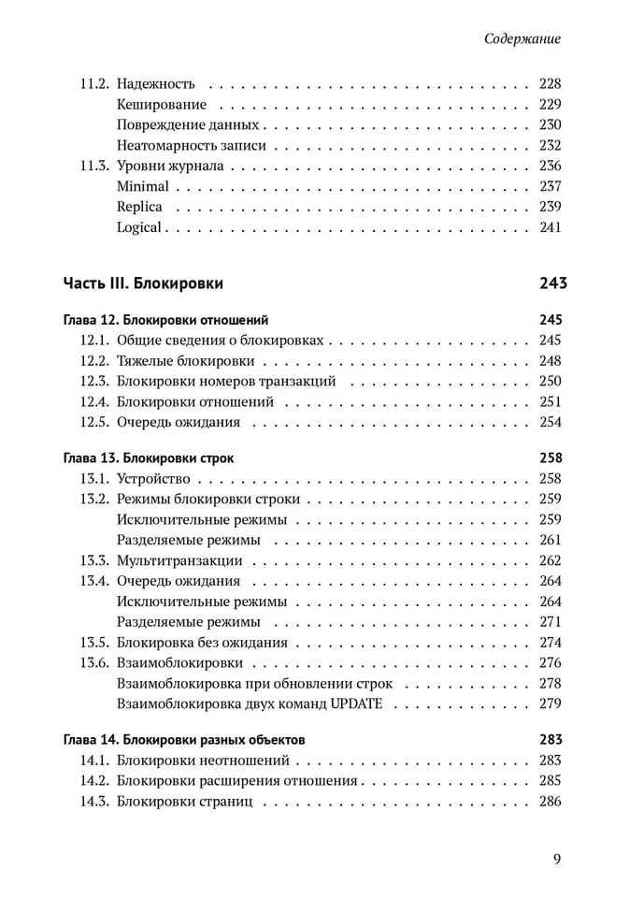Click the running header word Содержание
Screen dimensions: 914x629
coord(523,39)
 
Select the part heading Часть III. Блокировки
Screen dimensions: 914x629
coord(143,283)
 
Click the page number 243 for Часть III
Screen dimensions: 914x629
coord(553,283)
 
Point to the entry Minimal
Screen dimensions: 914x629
coord(142,186)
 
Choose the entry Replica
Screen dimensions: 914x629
coord(139,207)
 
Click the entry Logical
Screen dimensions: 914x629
coord(139,227)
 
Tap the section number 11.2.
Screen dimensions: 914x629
coord(93,83)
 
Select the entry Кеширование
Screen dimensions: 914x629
coord(162,104)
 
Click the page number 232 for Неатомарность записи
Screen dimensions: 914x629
coord(550,145)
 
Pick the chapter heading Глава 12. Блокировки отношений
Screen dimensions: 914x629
coord(159,320)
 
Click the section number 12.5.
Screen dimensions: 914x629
coord(95,422)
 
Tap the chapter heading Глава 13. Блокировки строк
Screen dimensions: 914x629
coord(149,459)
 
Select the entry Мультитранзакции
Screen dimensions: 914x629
coord(179,561)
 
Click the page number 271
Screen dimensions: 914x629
coord(550,622)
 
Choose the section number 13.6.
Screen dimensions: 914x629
coord(95,663)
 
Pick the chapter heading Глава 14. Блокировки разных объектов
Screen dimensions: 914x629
coord(183,740)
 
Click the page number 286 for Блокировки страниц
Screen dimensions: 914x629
coord(550,802)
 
